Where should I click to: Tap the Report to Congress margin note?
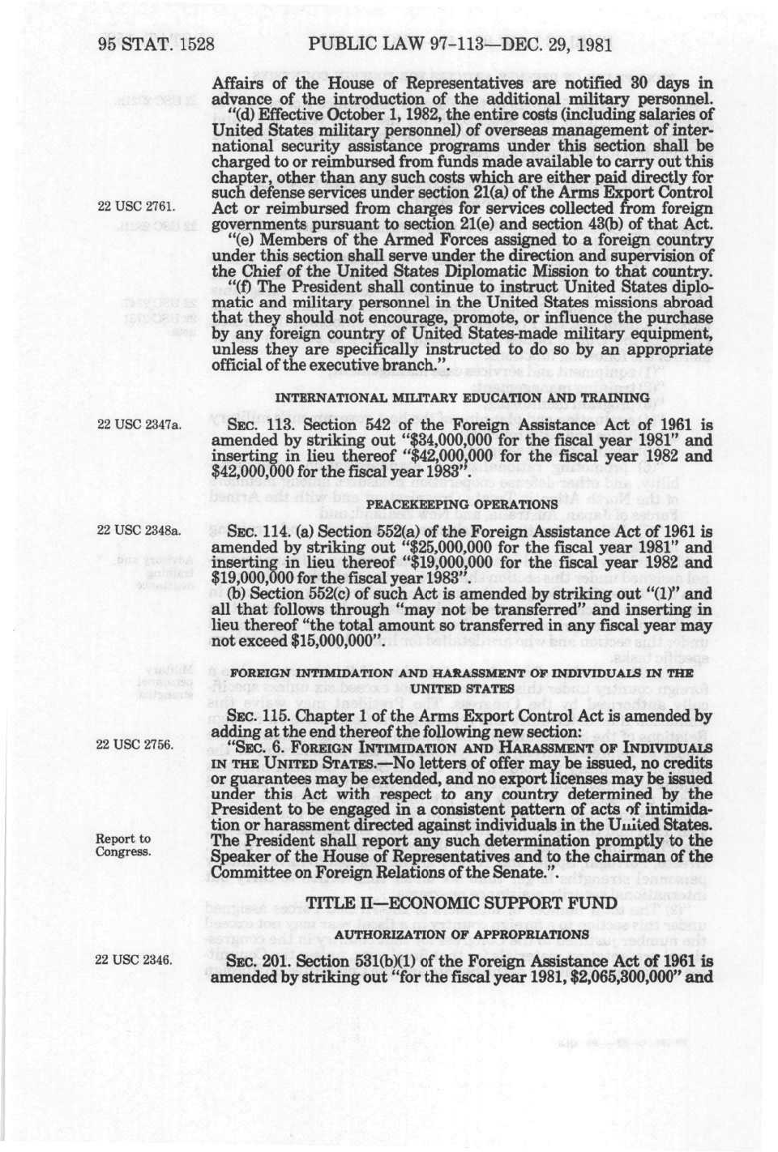pyautogui.click(x=123, y=845)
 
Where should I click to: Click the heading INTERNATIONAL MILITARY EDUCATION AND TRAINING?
pyautogui.click(x=463, y=398)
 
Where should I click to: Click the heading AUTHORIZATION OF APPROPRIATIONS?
pyautogui.click(x=463, y=934)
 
